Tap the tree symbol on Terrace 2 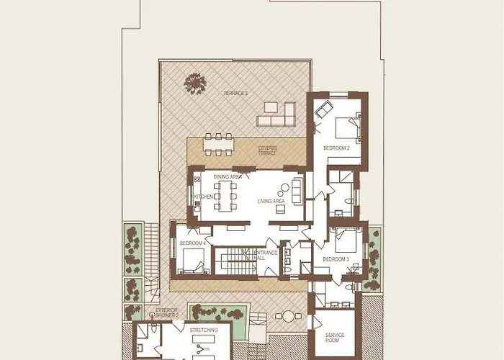[195, 84]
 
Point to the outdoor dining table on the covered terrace [218, 145]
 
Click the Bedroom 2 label [336, 148]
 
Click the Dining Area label [228, 176]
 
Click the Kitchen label [204, 197]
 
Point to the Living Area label [271, 201]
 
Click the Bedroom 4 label [193, 243]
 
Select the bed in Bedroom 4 [193, 261]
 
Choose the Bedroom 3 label [336, 259]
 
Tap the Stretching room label [199, 330]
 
